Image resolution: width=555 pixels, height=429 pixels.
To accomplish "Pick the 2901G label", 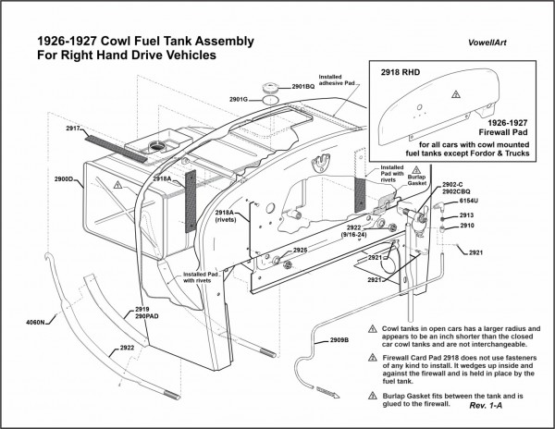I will (x=239, y=98).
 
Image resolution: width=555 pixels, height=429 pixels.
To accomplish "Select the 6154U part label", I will (x=469, y=201).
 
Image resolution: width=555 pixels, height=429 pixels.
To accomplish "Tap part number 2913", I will (x=466, y=214).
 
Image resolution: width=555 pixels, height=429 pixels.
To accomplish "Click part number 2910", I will (x=466, y=226).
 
